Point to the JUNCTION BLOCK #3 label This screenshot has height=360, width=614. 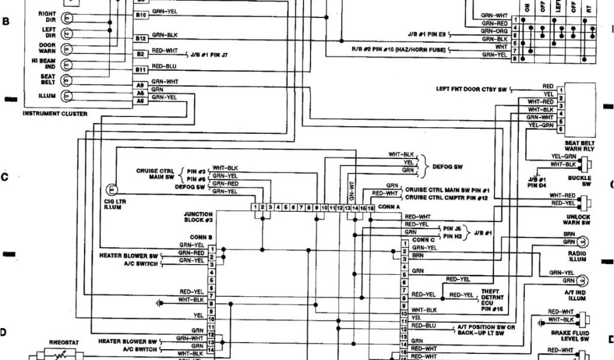click(200, 217)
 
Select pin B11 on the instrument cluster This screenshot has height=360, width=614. click(141, 70)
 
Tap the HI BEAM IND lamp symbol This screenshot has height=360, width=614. click(67, 64)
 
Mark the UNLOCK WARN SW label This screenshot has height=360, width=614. click(577, 220)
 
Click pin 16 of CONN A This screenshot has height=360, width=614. click(371, 207)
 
